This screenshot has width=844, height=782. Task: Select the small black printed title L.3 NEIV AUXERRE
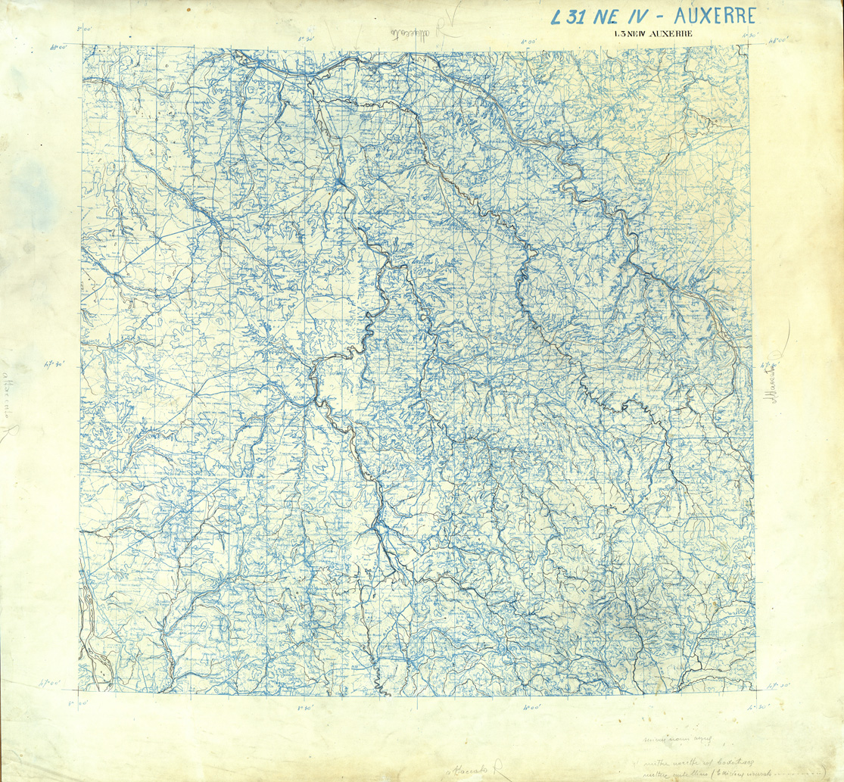(653, 33)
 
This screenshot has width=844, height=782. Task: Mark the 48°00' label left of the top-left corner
(58, 46)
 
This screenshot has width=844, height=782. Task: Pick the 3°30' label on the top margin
(306, 39)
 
